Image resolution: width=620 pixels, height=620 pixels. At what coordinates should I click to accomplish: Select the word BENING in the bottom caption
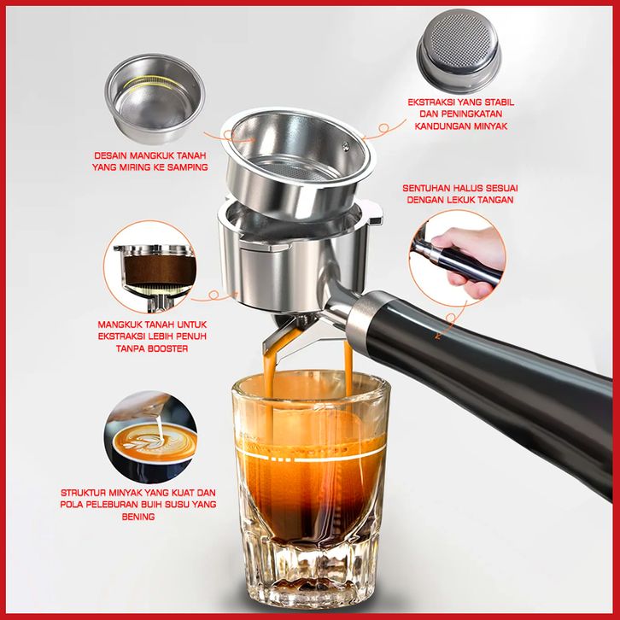point(138,517)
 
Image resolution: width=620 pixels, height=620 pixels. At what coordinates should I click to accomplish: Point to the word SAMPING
point(187,167)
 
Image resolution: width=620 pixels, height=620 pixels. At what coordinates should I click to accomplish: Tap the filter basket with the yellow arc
point(155,97)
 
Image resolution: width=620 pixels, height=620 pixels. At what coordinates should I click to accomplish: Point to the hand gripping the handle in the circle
point(469,257)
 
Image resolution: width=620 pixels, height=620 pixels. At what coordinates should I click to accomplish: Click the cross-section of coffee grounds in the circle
point(161,270)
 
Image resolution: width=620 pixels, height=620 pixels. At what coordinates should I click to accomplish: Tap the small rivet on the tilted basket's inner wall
point(347,146)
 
